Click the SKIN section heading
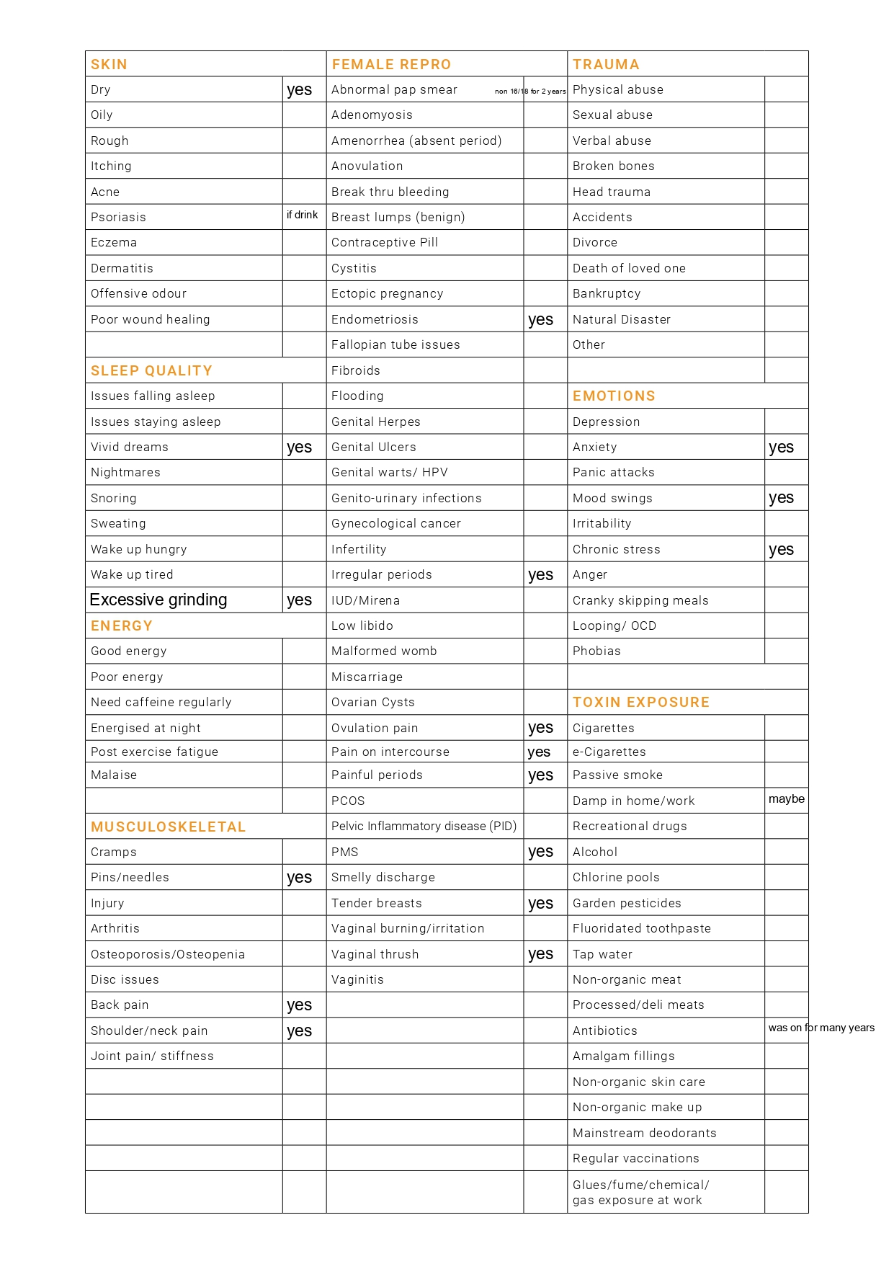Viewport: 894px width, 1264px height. [x=109, y=64]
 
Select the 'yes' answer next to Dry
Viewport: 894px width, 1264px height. [x=299, y=90]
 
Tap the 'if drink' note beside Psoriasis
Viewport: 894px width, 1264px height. [x=302, y=215]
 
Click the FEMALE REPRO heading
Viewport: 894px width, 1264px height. [x=391, y=64]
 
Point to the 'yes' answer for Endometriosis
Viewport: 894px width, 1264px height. [x=540, y=320]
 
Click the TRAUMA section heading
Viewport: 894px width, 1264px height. [x=606, y=64]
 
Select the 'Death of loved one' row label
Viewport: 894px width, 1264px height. [x=629, y=268]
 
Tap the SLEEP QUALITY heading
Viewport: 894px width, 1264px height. [x=151, y=370]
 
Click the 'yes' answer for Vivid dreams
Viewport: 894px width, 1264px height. [x=299, y=448]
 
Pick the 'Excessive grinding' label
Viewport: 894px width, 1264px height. [x=158, y=600]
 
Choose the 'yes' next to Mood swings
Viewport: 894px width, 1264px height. [x=781, y=498]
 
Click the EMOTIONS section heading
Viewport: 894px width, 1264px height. [x=614, y=396]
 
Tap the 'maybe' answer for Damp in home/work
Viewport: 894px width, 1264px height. [x=786, y=798]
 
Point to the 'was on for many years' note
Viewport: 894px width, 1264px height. [x=821, y=1028]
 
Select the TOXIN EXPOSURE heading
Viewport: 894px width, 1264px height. [x=641, y=702]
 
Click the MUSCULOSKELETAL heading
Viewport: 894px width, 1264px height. [x=168, y=827]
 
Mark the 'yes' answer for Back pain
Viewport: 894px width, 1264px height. [x=299, y=1005]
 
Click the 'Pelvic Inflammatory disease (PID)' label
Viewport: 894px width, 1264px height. [x=424, y=826]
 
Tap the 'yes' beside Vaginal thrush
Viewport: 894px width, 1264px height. [x=540, y=954]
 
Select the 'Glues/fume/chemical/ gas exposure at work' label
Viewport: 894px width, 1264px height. [x=640, y=1192]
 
